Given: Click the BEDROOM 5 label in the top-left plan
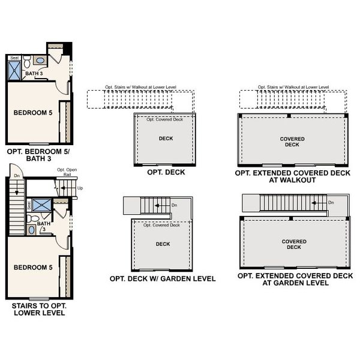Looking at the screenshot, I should [32, 112].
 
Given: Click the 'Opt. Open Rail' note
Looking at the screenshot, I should [65, 172].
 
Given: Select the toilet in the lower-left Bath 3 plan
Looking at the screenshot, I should [34, 219].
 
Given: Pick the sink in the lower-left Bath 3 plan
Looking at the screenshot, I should [31, 230].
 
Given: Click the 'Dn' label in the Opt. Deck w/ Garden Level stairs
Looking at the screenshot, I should [174, 205].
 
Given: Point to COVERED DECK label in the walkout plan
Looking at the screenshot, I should [292, 142].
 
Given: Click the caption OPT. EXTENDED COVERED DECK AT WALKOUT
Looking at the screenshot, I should [292, 176].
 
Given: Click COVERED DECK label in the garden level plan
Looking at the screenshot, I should [294, 244].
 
